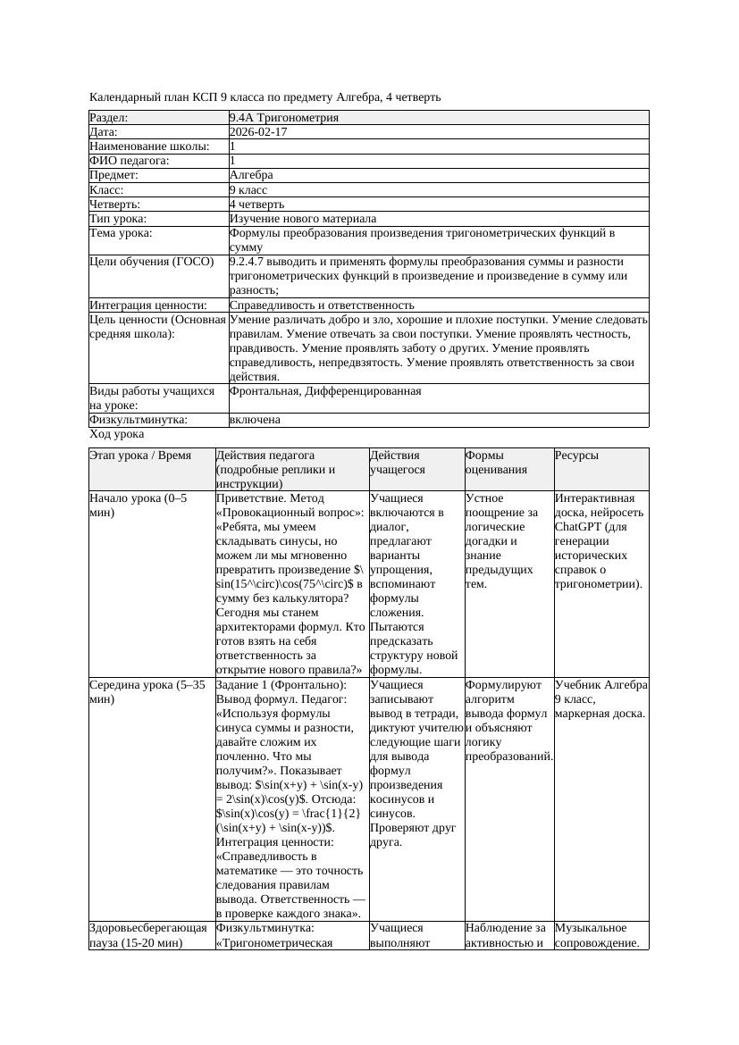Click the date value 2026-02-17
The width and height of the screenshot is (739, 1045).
tap(258, 132)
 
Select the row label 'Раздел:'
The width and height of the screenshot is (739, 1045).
tap(109, 118)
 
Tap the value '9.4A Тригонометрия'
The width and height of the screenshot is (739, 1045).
tap(283, 118)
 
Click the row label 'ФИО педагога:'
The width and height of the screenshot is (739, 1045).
tap(130, 161)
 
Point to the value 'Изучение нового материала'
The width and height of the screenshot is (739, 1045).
tap(303, 219)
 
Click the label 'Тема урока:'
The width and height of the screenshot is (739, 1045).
tap(121, 233)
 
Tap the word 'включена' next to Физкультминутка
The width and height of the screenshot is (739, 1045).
tap(255, 420)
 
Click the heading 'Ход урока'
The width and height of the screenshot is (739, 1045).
tap(117, 434)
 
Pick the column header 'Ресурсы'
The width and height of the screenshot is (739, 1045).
tap(576, 456)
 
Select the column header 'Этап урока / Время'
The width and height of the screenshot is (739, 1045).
tap(140, 456)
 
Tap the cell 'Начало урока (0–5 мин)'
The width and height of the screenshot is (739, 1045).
tap(139, 506)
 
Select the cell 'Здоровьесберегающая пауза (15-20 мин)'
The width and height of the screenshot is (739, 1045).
tap(148, 935)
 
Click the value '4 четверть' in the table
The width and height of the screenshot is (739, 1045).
tap(257, 205)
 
